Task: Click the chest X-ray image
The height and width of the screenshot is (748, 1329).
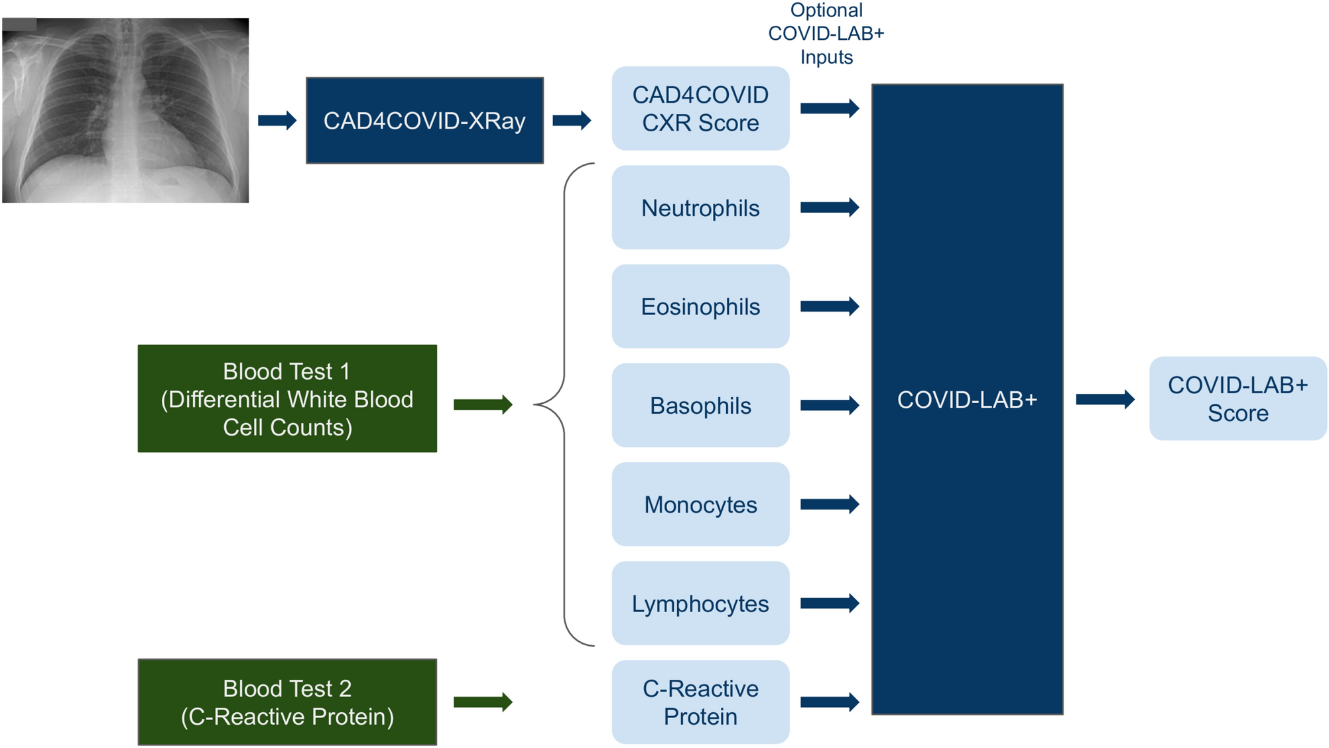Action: tap(125, 110)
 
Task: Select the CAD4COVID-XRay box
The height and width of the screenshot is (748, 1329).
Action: tap(424, 121)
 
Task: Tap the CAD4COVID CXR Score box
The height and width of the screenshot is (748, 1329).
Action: tap(700, 109)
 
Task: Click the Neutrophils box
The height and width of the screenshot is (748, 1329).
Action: tap(700, 208)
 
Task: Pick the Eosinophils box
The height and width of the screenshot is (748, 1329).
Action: tap(700, 307)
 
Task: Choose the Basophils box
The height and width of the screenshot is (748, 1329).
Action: tap(700, 406)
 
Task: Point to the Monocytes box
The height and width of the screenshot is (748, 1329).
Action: tap(700, 505)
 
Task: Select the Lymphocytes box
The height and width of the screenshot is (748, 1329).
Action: tap(700, 603)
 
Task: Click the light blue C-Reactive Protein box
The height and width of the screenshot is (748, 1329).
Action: tap(700, 702)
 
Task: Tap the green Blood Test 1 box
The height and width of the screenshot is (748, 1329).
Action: tap(287, 399)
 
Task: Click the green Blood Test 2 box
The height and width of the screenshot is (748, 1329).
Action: tap(287, 702)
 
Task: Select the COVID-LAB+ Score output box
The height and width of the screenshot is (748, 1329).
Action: tap(1237, 399)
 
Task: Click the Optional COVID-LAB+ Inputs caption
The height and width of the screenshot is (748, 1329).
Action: tap(826, 33)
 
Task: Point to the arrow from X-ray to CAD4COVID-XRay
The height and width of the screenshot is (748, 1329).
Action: tap(277, 121)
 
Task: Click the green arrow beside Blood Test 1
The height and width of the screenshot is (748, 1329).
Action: tap(483, 405)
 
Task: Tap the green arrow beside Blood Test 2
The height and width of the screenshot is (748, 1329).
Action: tap(483, 702)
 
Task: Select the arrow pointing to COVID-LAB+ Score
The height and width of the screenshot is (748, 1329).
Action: tap(1105, 399)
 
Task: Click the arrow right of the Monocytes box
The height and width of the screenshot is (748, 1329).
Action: tap(830, 505)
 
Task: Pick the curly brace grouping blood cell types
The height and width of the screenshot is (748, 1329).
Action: tap(564, 405)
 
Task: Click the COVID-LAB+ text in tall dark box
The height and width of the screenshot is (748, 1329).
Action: tap(967, 400)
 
